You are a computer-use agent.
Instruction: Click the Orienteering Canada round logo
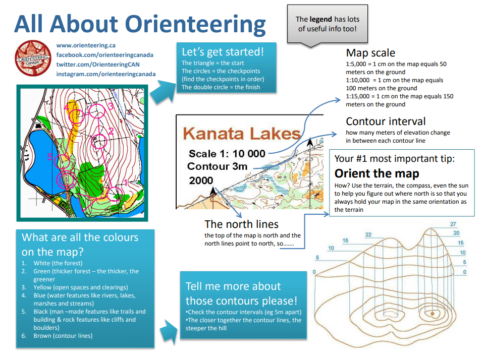(33, 58)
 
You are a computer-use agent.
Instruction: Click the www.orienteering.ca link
(86, 45)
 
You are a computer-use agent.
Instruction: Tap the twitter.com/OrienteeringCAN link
(98, 65)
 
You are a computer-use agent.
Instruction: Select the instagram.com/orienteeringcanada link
(106, 74)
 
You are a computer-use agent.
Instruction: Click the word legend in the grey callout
(321, 20)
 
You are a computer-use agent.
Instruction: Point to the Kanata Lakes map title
(242, 134)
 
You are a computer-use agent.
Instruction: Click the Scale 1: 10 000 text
(227, 154)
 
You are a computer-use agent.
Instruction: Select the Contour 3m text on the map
(218, 166)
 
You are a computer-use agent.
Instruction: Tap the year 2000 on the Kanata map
(201, 181)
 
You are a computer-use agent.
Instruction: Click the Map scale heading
(370, 53)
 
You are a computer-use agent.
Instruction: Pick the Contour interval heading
(386, 121)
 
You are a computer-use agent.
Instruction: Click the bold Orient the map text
(377, 173)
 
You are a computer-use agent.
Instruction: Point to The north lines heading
(241, 224)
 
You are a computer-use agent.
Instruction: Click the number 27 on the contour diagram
(453, 224)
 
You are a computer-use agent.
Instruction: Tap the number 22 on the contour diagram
(368, 235)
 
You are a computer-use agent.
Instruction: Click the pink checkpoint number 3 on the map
(111, 106)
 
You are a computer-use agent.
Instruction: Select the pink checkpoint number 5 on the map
(49, 157)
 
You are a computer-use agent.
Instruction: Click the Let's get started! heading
(223, 52)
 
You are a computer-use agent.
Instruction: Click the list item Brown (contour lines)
(63, 336)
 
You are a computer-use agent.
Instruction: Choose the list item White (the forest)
(58, 263)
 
